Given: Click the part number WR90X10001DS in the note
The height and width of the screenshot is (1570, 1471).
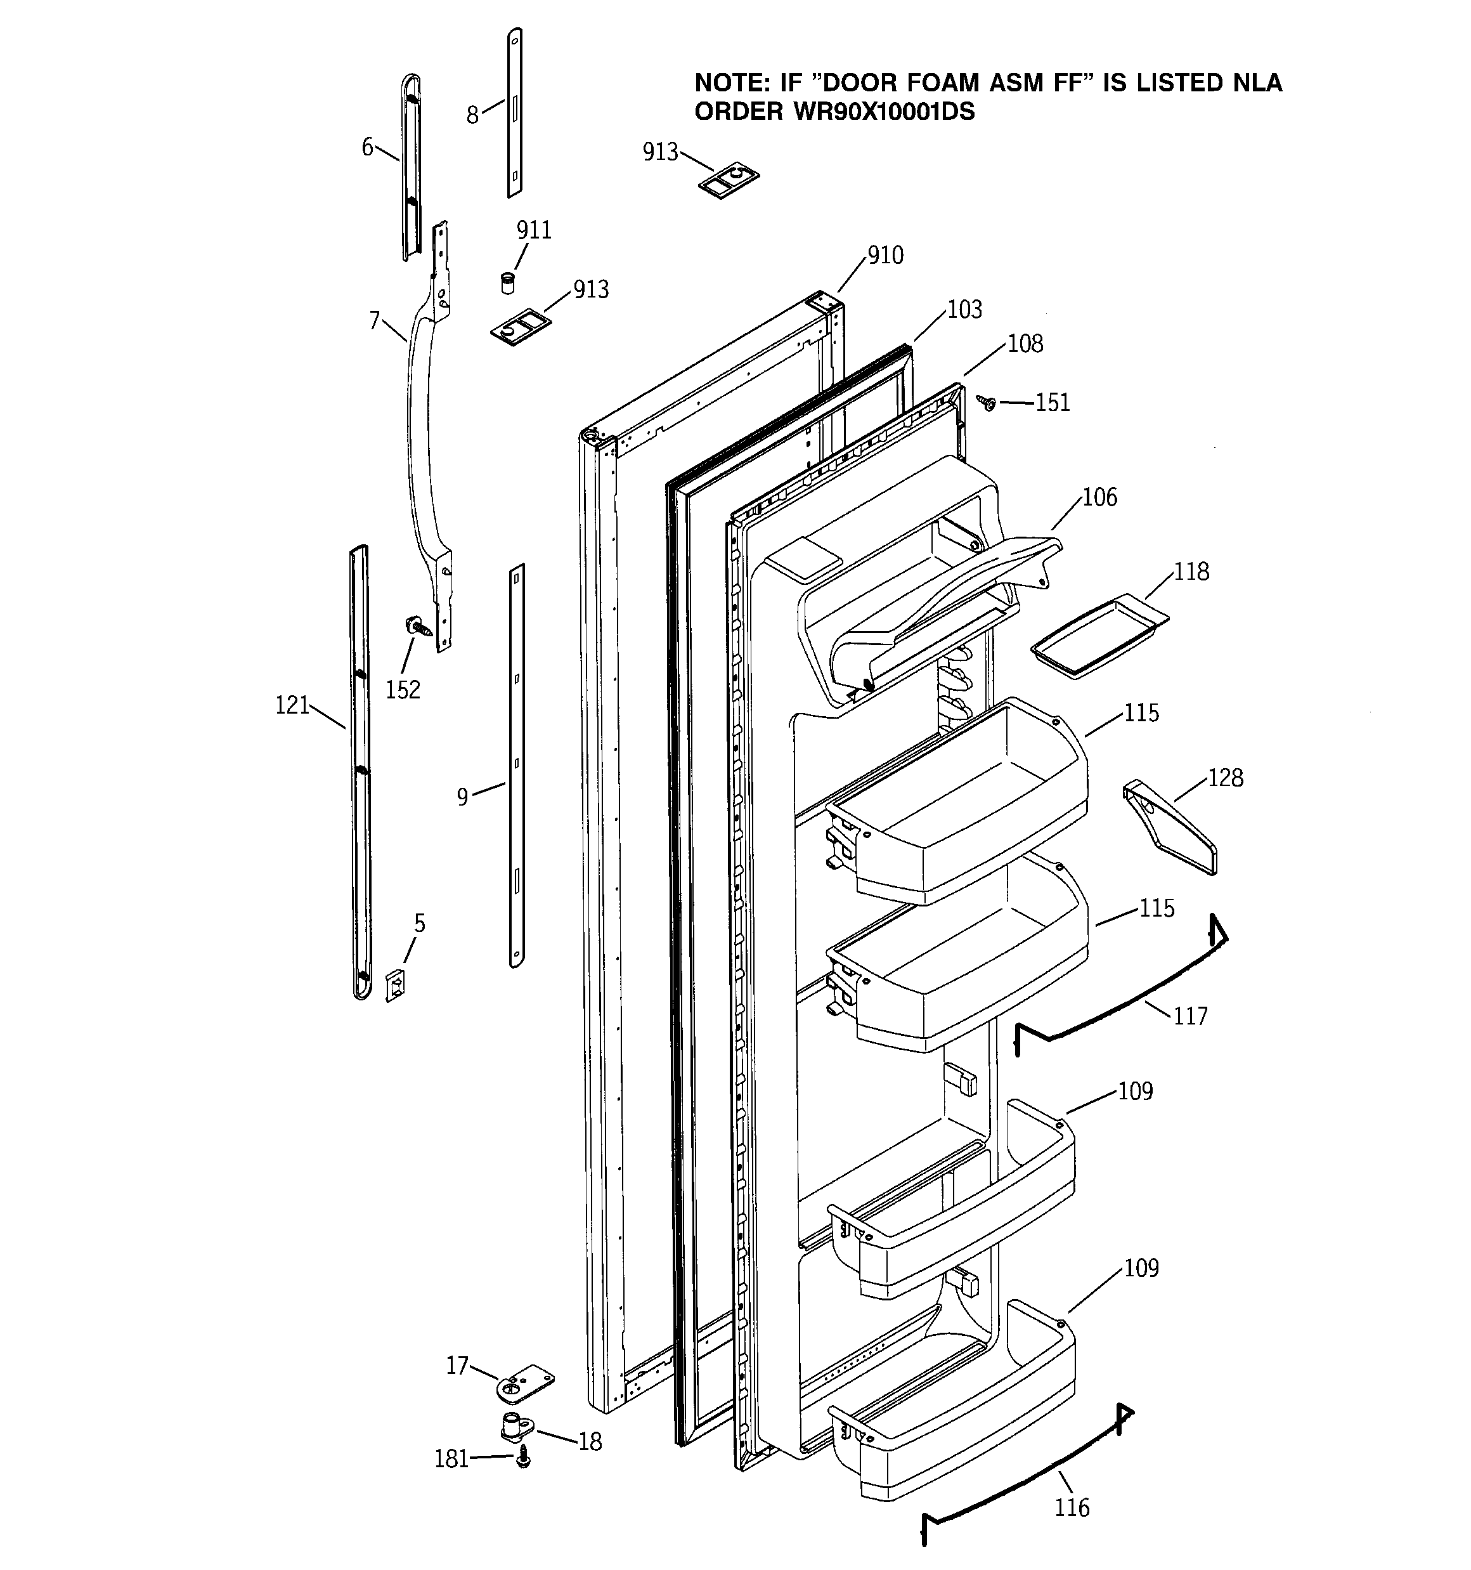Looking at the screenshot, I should point(885,112).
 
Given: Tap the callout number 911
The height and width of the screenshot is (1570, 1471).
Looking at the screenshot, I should point(534,231).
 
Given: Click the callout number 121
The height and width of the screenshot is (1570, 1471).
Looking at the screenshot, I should point(292,705).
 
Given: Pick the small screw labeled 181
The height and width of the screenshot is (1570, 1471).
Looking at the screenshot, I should point(522,1460).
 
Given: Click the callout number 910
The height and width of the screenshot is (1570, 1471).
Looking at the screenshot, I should point(885,256).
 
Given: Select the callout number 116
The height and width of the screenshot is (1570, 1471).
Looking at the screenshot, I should point(1072,1508).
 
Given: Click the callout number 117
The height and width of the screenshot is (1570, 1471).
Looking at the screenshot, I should point(1191,1016).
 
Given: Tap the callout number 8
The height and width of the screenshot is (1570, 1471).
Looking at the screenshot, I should point(472,116).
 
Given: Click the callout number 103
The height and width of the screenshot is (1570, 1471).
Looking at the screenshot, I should point(964,310).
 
